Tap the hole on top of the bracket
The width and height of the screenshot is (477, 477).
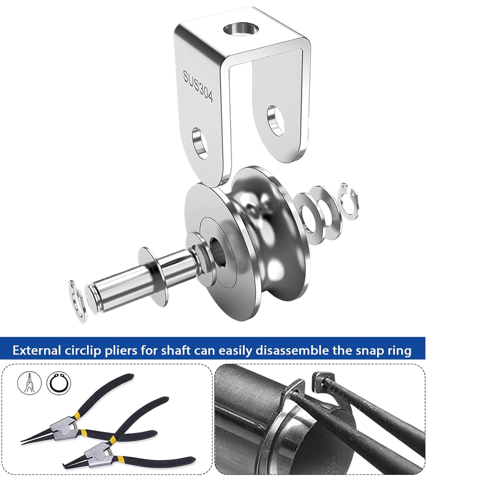(x=241, y=29)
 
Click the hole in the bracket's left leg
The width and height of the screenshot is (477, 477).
(x=201, y=143)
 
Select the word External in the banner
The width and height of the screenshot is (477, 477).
(x=37, y=350)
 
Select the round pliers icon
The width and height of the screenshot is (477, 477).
(x=30, y=383)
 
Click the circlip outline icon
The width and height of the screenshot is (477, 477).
(x=59, y=383)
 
